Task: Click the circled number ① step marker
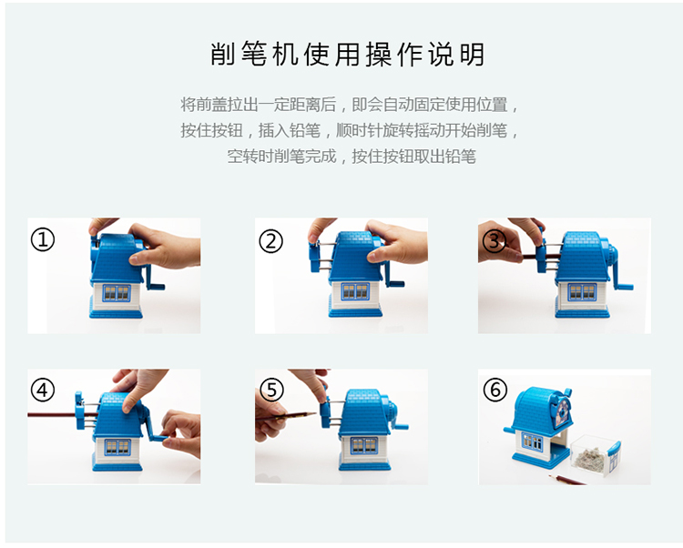pos(43,239)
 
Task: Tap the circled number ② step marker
pos(271,241)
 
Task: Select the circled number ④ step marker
pos(43,390)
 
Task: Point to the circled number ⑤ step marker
pos(271,390)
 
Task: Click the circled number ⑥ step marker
pos(495,390)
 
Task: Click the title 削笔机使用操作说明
pos(348,55)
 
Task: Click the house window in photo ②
pos(356,291)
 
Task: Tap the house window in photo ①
pos(117,293)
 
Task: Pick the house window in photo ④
pos(117,447)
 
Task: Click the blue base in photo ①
pos(116,313)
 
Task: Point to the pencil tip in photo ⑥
pos(550,477)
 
